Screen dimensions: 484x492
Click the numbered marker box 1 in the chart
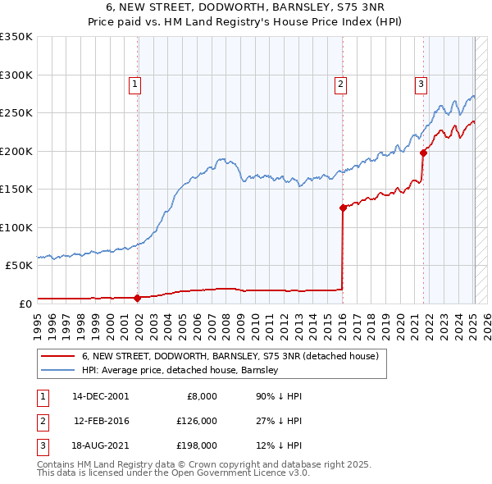pos(134,83)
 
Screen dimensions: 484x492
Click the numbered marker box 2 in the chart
pos(339,83)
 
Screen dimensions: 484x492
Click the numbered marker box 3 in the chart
pos(421,83)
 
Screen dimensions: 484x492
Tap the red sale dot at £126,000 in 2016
pos(343,208)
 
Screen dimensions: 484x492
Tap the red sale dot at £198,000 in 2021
pos(424,152)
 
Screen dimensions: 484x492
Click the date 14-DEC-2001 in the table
pos(100,396)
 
